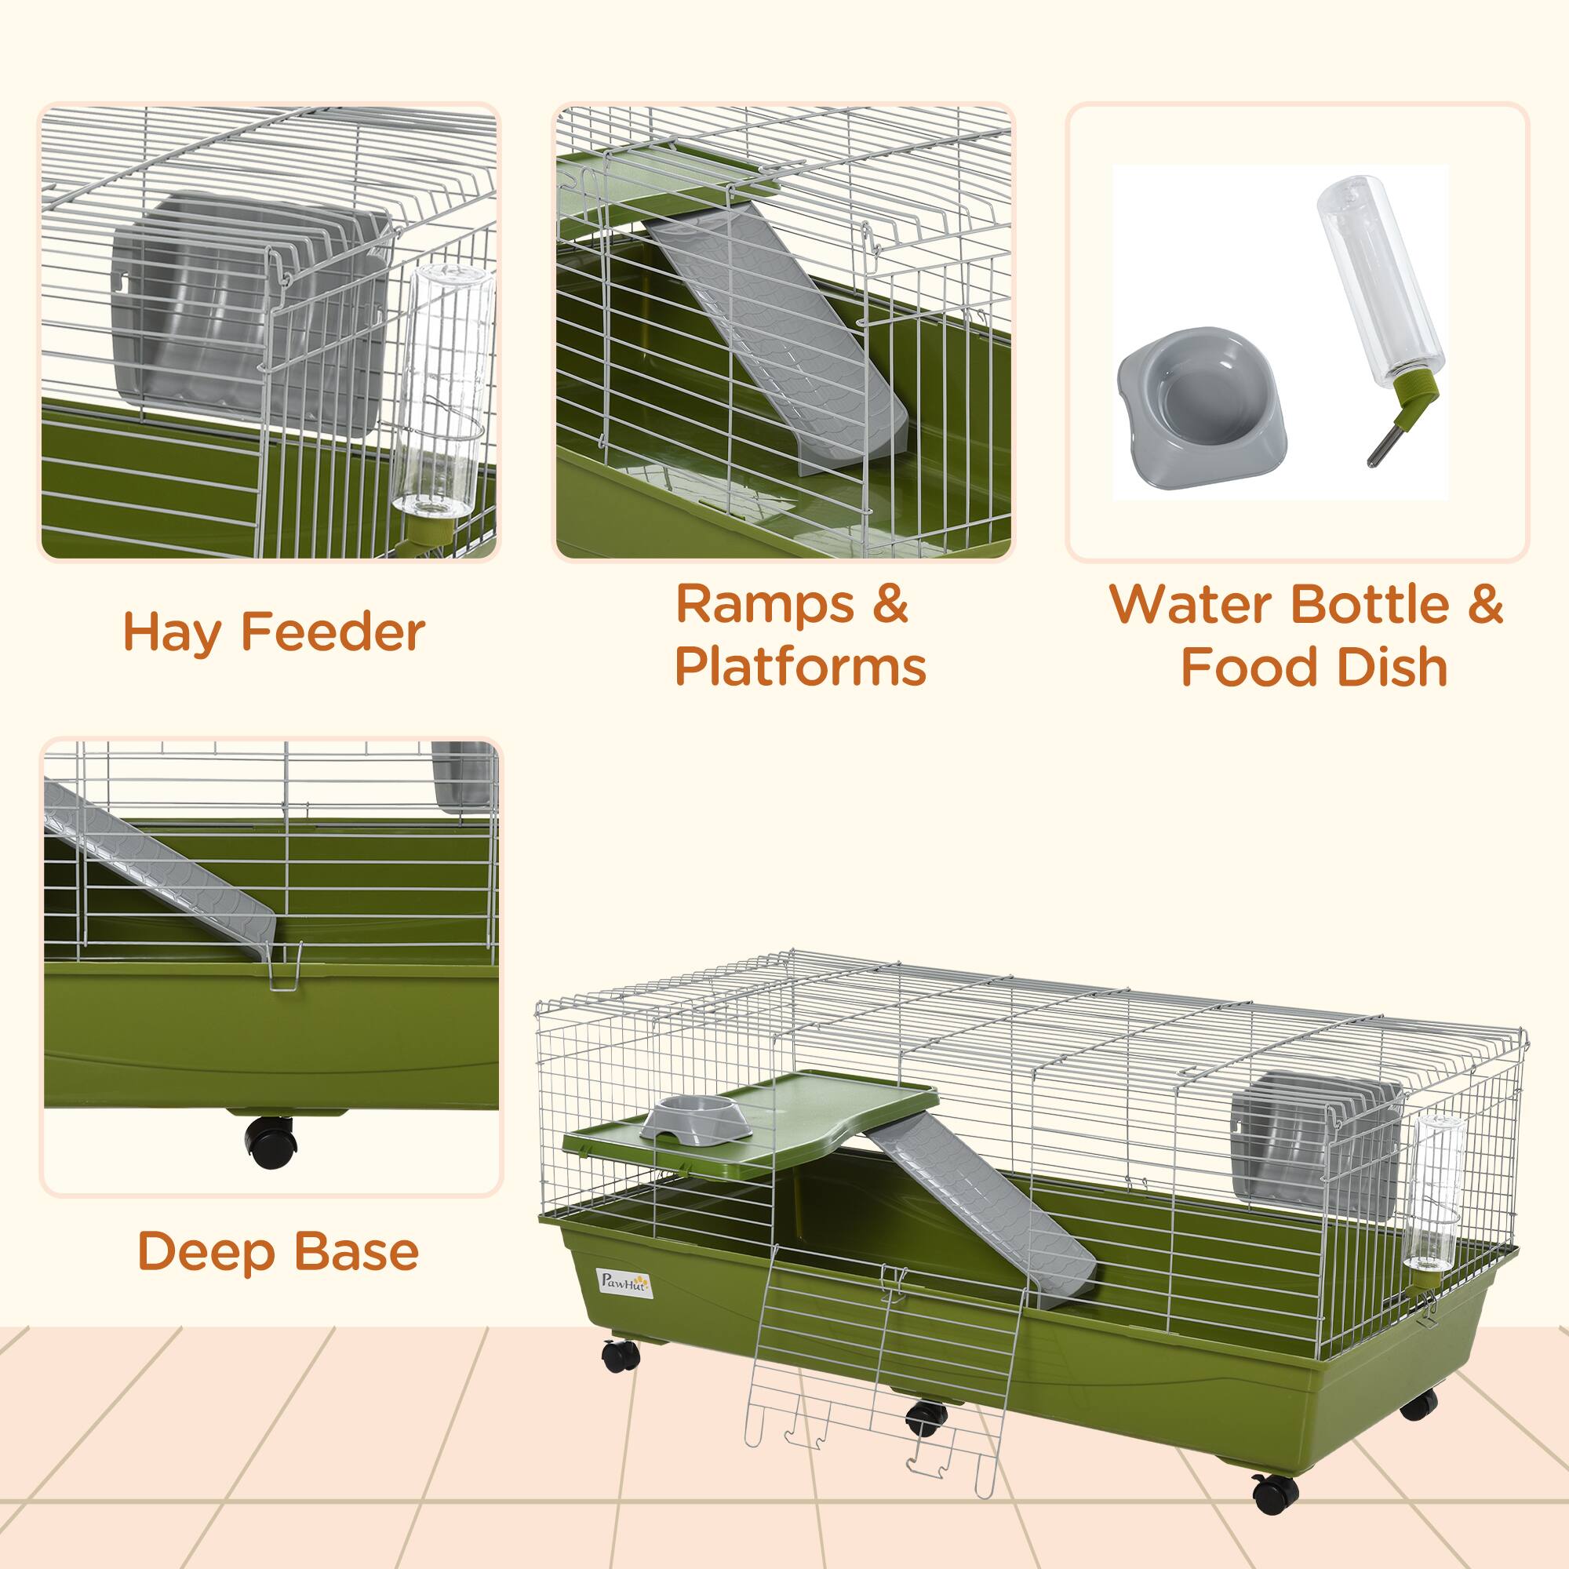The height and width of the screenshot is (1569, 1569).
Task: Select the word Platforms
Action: point(800,668)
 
